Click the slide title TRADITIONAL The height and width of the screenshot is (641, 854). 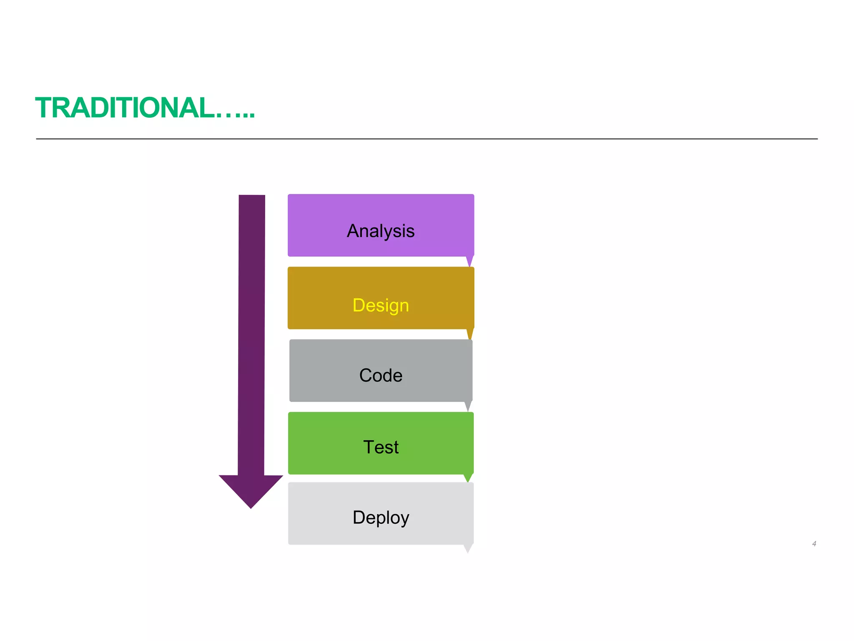coord(125,108)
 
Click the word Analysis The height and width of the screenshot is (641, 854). coord(381,231)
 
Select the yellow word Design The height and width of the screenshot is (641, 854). coord(381,305)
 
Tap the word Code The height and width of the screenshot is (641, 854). coord(381,375)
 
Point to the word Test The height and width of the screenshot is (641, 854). coord(381,447)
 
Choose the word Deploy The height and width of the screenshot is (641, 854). coord(381,517)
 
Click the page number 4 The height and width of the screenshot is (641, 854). coord(814,544)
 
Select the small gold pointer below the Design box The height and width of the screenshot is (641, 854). coord(470,333)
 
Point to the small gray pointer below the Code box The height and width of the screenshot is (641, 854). coord(468,406)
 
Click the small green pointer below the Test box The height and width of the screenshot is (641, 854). coord(468,477)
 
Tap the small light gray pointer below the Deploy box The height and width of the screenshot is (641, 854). coord(468,548)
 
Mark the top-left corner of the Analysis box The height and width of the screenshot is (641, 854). coord(289,195)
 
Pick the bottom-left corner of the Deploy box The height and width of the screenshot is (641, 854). coord(289,543)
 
